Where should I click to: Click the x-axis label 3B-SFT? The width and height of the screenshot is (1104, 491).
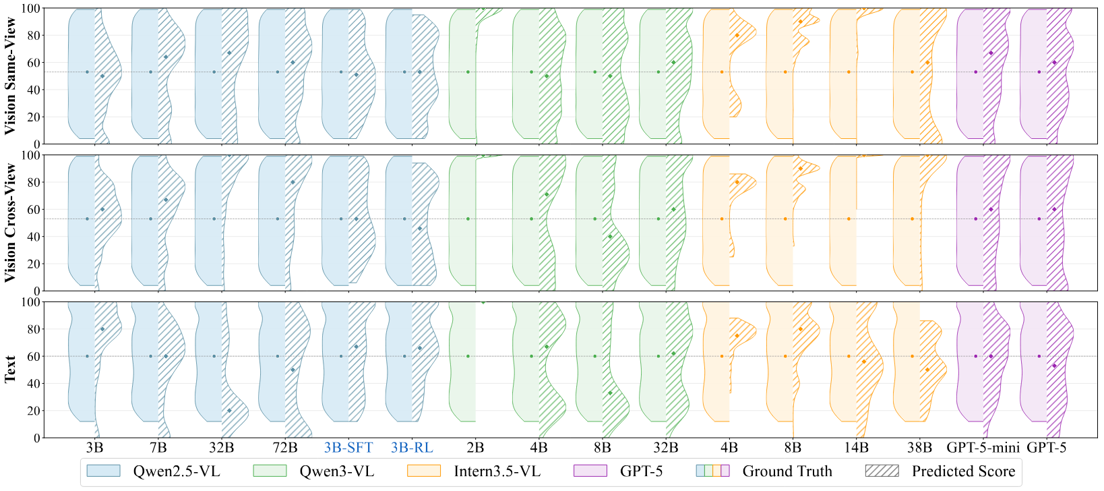(348, 448)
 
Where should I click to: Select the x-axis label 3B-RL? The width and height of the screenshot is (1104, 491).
(412, 448)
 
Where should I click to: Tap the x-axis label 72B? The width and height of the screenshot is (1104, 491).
(285, 448)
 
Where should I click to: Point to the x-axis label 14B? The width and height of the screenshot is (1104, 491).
(856, 448)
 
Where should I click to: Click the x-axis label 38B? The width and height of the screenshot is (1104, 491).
(919, 448)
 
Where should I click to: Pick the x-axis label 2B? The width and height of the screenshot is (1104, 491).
(475, 448)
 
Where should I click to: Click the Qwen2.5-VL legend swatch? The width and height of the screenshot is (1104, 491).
(104, 471)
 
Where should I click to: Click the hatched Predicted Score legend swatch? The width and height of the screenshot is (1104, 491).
(882, 471)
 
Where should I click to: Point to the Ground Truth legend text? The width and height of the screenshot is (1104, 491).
(787, 471)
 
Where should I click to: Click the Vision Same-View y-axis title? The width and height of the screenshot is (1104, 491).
(11, 76)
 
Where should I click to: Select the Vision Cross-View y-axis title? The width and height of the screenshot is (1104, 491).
(11, 223)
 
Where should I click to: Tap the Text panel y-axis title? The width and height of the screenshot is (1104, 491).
(11, 370)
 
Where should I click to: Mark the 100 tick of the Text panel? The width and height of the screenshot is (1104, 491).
(31, 302)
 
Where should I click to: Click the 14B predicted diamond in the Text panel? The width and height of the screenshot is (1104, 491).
(864, 362)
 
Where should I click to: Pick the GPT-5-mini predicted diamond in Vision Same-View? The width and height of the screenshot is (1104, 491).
(991, 53)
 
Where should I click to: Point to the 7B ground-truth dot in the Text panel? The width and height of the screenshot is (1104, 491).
(150, 356)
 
